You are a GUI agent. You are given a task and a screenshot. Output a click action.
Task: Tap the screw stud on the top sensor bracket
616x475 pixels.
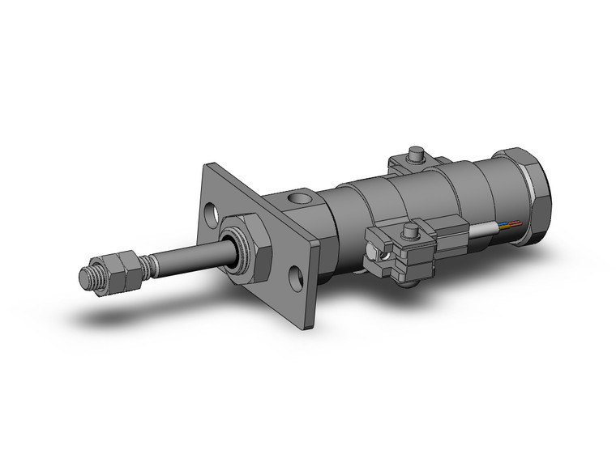(418, 152)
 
